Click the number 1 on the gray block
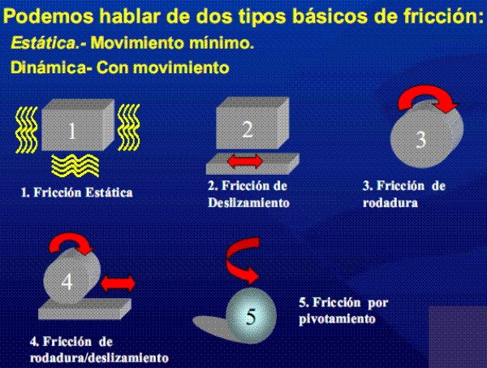72,131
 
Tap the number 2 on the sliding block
248,128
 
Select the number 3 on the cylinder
420,139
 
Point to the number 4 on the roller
67,282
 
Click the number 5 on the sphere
251,317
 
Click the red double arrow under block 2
245,162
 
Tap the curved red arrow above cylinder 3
427,99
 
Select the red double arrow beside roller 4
119,284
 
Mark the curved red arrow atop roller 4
71,241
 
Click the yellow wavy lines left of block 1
27,130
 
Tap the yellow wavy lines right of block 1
128,128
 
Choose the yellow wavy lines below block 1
75,166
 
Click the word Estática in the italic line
44,43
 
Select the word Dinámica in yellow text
49,67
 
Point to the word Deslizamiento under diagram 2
249,203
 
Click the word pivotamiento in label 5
337,319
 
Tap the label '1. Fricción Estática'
77,193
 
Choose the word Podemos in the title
48,16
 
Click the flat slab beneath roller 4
84,309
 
